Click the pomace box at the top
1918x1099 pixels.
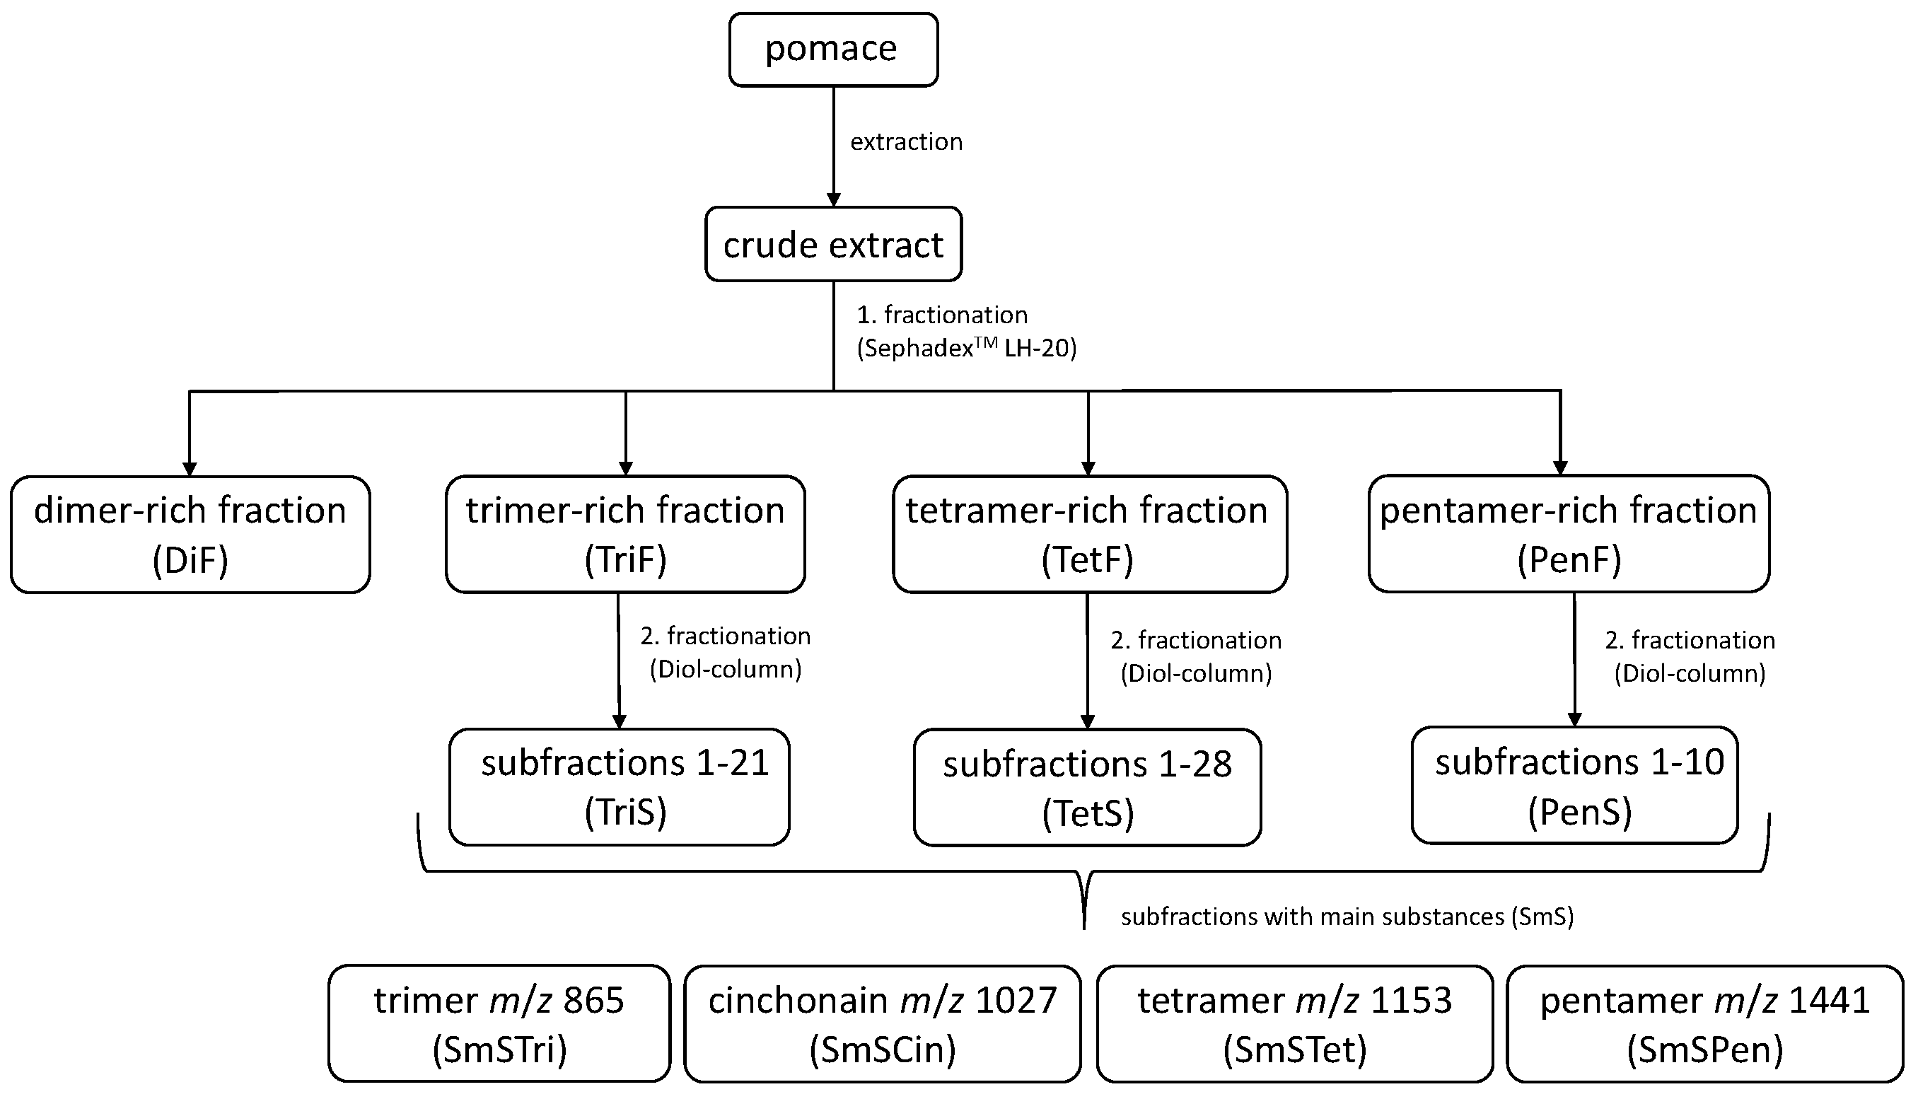pos(832,50)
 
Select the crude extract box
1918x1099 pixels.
pos(832,245)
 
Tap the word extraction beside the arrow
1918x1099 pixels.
pos(906,142)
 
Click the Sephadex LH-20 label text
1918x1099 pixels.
pos(966,348)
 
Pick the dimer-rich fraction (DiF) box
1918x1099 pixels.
pos(190,535)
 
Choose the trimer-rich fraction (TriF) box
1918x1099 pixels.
pos(625,535)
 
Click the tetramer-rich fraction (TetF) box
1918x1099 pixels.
pos(1089,535)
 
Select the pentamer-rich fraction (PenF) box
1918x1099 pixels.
pos(1569,535)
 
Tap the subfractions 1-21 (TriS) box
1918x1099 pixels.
pos(619,786)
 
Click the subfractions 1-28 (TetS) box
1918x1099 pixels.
pos(1087,787)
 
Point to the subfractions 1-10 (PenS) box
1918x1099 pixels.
pos(1574,785)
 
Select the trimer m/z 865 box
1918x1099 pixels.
pos(499,1023)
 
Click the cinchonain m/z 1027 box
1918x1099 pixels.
pos(883,1023)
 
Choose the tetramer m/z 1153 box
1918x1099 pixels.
pos(1294,1023)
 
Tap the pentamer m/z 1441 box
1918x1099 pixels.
pos(1704,1023)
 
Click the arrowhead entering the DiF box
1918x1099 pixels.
pos(190,469)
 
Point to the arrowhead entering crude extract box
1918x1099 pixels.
pos(833,200)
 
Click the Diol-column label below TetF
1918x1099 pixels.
pos(1196,673)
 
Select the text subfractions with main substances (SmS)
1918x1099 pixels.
pos(1347,917)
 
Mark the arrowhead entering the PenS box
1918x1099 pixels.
pos(1574,719)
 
